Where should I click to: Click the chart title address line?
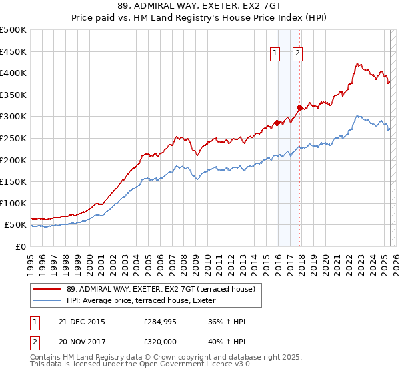point(199,7)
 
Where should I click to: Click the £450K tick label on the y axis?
point(14,51)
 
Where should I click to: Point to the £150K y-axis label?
point(14,181)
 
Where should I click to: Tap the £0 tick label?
point(21,246)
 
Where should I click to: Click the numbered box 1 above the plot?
point(275,55)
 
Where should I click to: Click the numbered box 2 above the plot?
point(297,55)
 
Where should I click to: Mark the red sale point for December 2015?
point(277,123)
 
